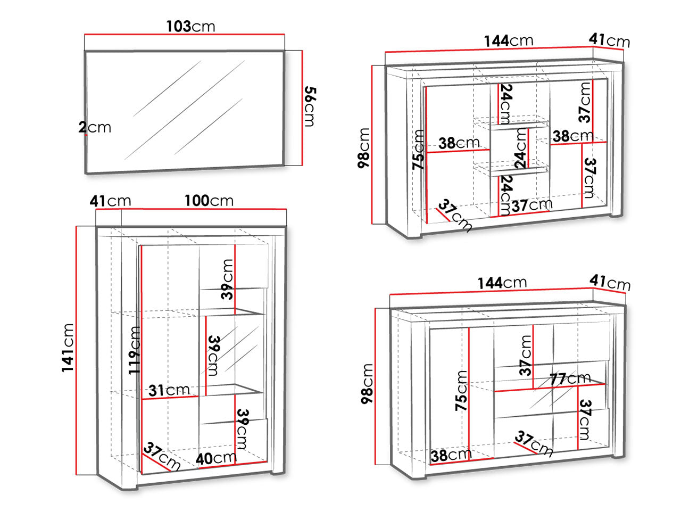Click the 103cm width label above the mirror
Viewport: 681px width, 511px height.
(191, 27)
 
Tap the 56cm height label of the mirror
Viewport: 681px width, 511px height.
(310, 106)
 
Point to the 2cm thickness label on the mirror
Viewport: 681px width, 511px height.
(95, 127)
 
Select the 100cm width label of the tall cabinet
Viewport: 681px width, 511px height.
(209, 201)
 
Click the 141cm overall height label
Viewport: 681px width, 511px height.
(68, 348)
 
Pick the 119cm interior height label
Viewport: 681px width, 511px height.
(135, 350)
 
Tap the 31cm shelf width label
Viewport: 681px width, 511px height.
(169, 390)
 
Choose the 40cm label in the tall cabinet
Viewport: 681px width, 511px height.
(216, 458)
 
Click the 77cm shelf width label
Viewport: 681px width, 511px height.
(570, 379)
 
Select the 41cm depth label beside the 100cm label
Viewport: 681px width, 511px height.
(111, 201)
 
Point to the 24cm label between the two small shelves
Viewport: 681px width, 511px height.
(520, 149)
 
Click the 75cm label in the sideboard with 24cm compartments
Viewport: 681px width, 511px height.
(418, 150)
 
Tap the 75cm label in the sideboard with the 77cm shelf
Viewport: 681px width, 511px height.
(461, 391)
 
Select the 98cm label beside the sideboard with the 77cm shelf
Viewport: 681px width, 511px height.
(367, 384)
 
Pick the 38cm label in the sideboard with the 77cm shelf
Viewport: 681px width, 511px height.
(451, 456)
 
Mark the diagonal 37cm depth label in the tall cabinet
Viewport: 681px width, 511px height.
(162, 456)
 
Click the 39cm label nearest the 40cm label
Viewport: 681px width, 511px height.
(242, 429)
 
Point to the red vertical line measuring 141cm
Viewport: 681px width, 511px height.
(76, 351)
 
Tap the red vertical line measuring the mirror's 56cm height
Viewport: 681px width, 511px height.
(302, 108)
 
